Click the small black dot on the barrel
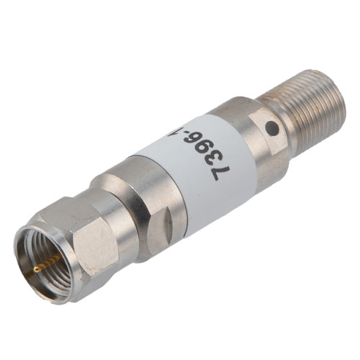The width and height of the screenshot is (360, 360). tap(272, 128)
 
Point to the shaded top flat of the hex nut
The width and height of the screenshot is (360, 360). tap(68, 209)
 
